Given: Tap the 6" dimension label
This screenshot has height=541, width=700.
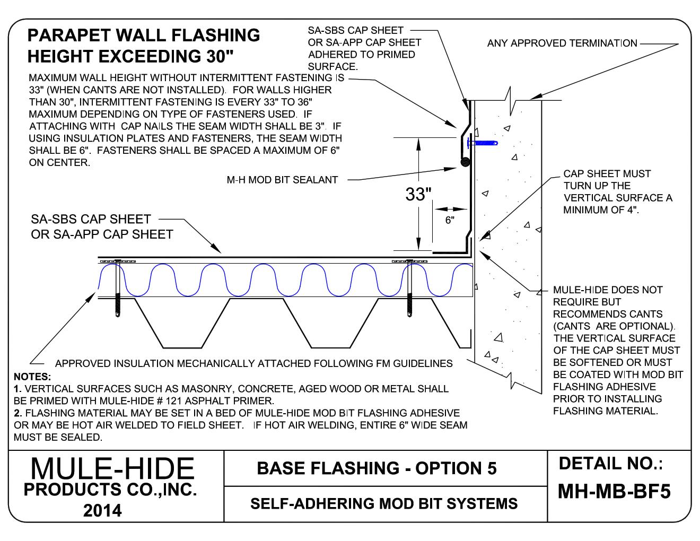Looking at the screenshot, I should tap(450, 221).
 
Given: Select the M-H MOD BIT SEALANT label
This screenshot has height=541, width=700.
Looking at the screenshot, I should tap(282, 180).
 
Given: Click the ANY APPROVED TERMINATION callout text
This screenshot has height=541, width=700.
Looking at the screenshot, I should tap(562, 43).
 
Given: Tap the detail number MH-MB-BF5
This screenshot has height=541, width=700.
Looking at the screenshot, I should tap(614, 492).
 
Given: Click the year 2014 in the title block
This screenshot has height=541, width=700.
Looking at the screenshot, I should tap(102, 510).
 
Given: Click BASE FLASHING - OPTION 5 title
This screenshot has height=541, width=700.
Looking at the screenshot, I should tap(377, 468).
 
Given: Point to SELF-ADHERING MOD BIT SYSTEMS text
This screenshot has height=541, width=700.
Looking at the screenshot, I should tap(383, 503).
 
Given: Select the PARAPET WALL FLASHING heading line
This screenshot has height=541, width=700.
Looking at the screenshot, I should tap(144, 36).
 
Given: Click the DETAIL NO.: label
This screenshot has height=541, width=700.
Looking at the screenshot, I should tap(611, 464).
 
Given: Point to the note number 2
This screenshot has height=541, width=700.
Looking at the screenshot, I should tap(17, 413).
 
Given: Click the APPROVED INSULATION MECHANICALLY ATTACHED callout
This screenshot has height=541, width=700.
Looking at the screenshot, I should tap(253, 364).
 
